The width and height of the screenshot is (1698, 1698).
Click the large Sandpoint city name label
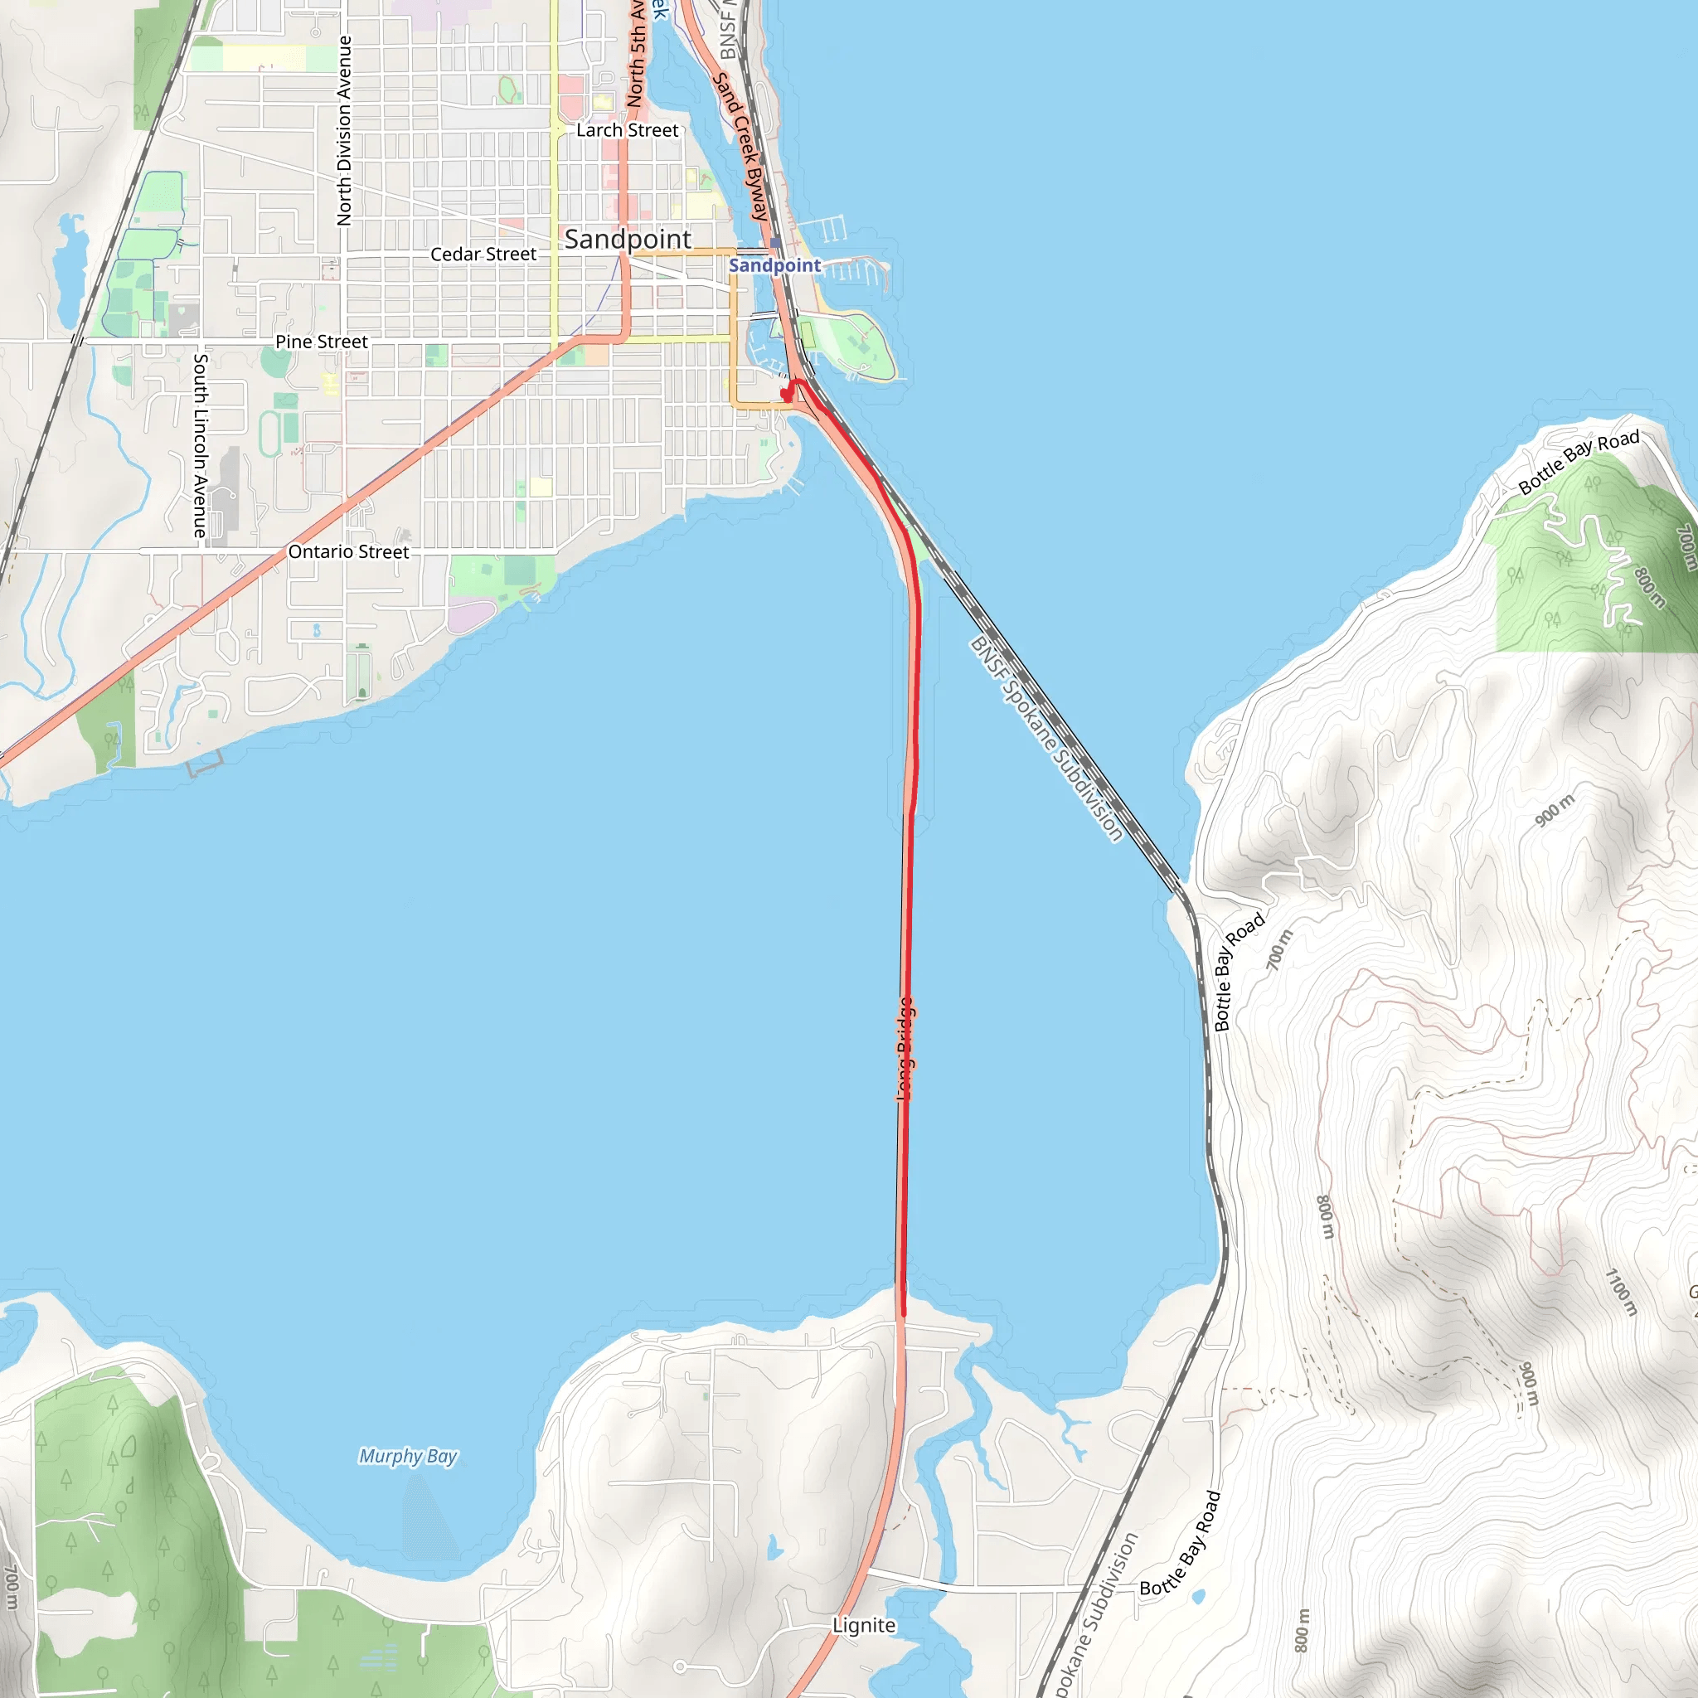pyautogui.click(x=628, y=239)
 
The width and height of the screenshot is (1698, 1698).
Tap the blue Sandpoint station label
pyautogui.click(x=774, y=265)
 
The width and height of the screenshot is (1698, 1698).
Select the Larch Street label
pyautogui.click(x=627, y=130)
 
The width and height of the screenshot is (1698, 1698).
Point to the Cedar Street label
pyautogui.click(x=483, y=254)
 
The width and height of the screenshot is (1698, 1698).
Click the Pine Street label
pyautogui.click(x=321, y=342)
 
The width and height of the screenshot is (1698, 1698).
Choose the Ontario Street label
pyautogui.click(x=348, y=552)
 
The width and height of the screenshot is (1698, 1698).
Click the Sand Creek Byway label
pyautogui.click(x=741, y=146)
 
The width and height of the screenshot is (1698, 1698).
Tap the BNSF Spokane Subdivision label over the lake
pyautogui.click(x=1045, y=739)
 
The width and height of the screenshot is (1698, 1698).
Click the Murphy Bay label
pyautogui.click(x=408, y=1456)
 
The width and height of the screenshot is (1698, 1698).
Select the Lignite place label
pyautogui.click(x=864, y=1626)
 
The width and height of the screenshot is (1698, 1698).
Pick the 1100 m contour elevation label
pyautogui.click(x=1621, y=1292)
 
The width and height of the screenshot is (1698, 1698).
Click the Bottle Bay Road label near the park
pyautogui.click(x=1579, y=463)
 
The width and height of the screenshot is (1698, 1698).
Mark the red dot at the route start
pyautogui.click(x=786, y=396)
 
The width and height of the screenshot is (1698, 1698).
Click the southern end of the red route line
pyautogui.click(x=903, y=1314)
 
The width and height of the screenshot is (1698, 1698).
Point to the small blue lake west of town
pyautogui.click(x=68, y=268)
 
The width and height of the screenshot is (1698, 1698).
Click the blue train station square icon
pyautogui.click(x=775, y=244)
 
